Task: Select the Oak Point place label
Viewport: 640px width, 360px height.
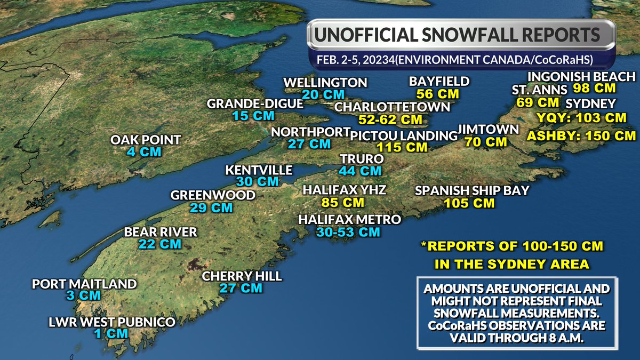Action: pyautogui.click(x=146, y=140)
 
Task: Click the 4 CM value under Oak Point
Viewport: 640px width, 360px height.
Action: pyautogui.click(x=145, y=153)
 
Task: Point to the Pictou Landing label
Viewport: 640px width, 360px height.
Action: pyautogui.click(x=404, y=135)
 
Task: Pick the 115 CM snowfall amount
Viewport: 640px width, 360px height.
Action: pyautogui.click(x=402, y=147)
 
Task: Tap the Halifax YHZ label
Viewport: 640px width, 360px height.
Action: pyautogui.click(x=344, y=190)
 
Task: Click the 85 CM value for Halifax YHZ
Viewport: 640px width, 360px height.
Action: pyautogui.click(x=343, y=203)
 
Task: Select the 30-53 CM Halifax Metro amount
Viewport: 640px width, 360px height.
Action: pyautogui.click(x=348, y=232)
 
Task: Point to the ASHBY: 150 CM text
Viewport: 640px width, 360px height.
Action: pyautogui.click(x=581, y=135)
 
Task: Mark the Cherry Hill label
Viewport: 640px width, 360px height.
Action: pyautogui.click(x=242, y=276)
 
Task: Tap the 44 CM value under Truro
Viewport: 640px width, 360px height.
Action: pyautogui.click(x=360, y=171)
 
